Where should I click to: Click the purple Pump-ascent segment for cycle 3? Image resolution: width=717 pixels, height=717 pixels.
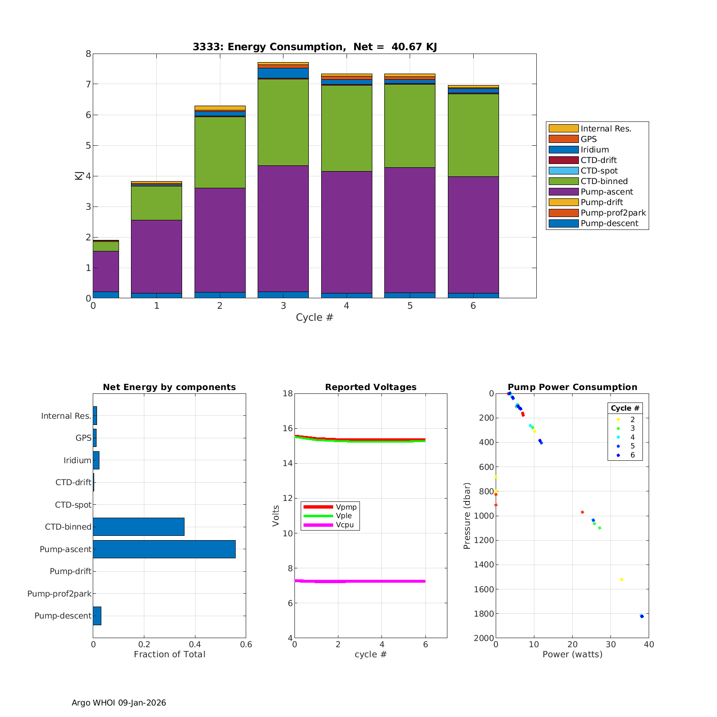point(283,228)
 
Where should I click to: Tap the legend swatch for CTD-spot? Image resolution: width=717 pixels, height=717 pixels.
point(563,171)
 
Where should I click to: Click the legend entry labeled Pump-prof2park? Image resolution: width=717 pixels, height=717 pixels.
point(613,213)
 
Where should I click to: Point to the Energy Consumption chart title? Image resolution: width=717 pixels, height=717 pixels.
point(315,47)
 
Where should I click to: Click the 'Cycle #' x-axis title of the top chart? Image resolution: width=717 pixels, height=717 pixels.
point(314,317)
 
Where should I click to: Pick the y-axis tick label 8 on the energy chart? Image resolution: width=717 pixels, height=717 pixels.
point(88,54)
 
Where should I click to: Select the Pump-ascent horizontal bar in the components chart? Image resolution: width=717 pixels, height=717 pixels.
point(164,549)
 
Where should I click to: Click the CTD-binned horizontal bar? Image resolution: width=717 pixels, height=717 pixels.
point(139,527)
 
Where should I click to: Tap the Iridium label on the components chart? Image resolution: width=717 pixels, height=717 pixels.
point(77,460)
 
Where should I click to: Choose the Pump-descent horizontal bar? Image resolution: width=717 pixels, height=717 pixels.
point(97,616)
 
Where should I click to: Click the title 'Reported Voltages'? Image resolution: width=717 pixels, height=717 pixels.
point(370,387)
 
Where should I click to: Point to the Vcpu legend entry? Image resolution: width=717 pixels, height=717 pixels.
point(345,525)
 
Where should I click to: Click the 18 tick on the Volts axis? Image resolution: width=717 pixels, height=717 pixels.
point(287,393)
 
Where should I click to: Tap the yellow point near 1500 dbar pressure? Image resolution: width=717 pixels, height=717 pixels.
point(621,579)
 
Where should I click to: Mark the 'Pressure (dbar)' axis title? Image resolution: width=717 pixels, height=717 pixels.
point(467,516)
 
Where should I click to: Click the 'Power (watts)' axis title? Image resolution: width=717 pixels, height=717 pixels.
point(572,654)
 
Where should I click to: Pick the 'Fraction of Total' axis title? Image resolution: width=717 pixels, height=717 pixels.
point(169,654)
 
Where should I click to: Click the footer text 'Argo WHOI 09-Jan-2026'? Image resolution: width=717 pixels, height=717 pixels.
point(119,703)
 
